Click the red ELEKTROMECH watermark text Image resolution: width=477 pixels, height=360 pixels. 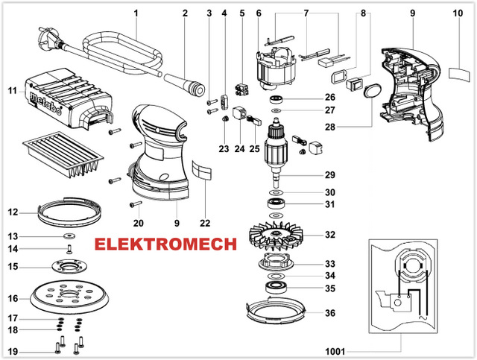(165, 244)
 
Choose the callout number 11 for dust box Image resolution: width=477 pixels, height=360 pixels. (12, 91)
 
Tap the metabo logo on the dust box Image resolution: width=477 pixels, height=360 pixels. (44, 95)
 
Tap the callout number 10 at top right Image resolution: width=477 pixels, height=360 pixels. (457, 13)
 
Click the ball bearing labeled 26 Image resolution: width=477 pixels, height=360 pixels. (278, 98)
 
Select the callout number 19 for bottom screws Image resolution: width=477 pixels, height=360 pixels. (12, 350)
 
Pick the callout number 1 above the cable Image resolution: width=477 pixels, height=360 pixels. (136, 13)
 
